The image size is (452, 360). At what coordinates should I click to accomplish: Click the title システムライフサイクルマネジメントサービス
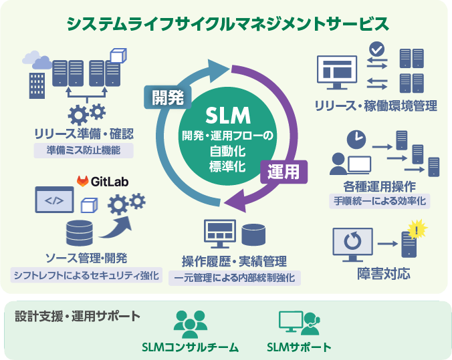[226, 24]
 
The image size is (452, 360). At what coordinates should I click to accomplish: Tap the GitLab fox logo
[84, 181]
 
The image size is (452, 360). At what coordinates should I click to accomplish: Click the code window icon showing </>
[54, 199]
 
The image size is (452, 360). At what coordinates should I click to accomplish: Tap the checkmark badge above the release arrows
[377, 49]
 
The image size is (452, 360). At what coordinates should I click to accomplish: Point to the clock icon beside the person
[356, 140]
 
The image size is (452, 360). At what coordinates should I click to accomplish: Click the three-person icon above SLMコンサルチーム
[190, 323]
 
